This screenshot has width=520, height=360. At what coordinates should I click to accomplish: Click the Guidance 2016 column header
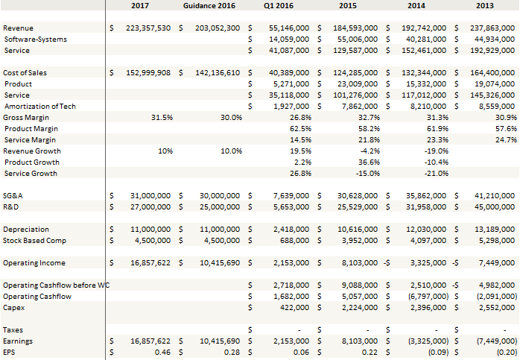point(209,6)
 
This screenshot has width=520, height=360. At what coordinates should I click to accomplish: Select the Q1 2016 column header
point(278,6)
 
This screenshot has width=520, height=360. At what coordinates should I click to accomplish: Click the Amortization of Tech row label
point(39,107)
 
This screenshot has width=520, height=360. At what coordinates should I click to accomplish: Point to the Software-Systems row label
point(35,39)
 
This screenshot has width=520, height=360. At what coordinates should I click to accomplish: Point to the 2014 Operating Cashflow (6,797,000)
point(422,297)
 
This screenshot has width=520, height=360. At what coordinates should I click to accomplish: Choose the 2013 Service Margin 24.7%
point(507,140)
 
